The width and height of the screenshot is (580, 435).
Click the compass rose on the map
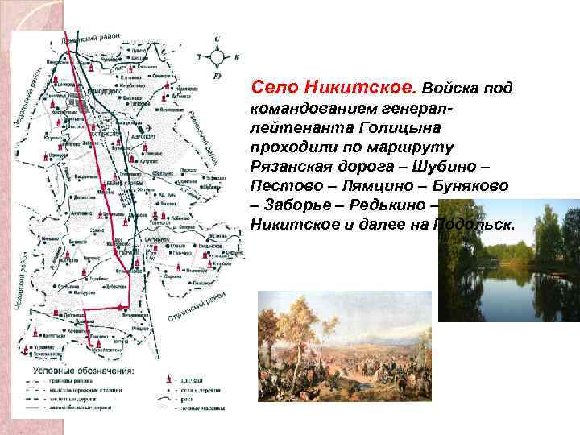pos(217,56)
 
